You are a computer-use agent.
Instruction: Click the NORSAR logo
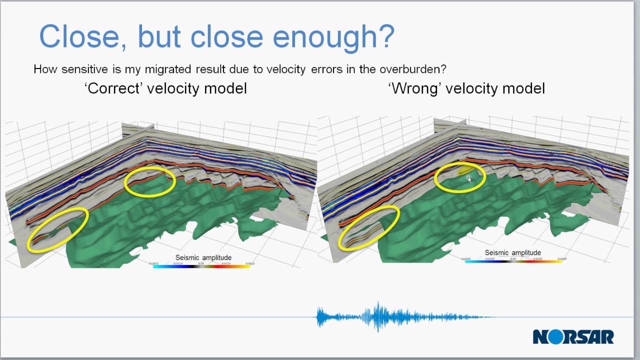[573, 336]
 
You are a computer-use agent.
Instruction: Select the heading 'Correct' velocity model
[165, 88]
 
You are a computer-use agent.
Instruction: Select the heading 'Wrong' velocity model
[466, 88]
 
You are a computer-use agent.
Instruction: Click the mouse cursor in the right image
[468, 178]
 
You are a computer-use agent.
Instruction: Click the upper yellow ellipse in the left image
[149, 181]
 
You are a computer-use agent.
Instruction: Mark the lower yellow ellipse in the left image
[58, 229]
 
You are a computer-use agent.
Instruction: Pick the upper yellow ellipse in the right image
[459, 177]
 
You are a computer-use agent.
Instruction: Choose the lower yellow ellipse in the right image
[369, 227]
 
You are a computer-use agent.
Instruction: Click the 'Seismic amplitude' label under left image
[203, 257]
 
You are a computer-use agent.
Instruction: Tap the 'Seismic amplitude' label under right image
[512, 252]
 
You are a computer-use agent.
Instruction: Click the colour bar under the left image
[201, 266]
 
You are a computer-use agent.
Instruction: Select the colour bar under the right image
[513, 261]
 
